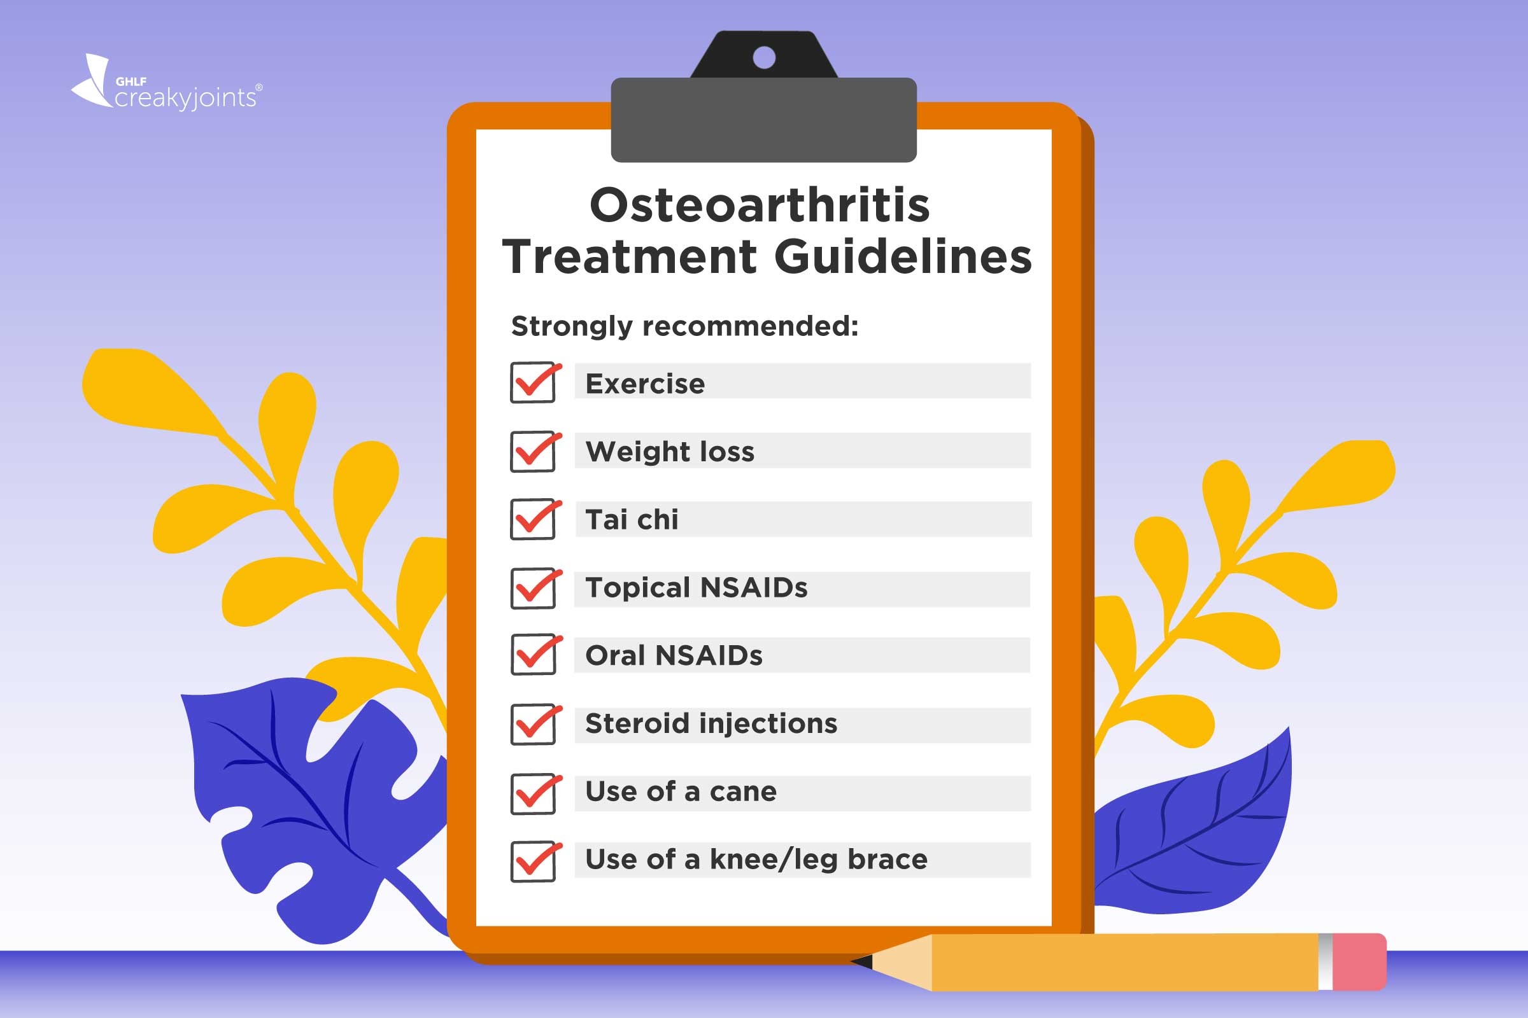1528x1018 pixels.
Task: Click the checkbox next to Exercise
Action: click(x=532, y=382)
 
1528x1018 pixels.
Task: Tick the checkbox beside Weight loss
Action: click(x=532, y=451)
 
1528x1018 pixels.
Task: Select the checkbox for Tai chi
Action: click(x=532, y=519)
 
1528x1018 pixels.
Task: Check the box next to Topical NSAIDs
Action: click(x=533, y=588)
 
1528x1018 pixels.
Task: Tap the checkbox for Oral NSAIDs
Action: click(x=533, y=655)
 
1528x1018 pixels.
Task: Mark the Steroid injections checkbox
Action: click(x=533, y=724)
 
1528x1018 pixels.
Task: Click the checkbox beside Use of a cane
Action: click(x=533, y=793)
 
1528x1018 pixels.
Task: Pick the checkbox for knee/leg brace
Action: click(x=533, y=861)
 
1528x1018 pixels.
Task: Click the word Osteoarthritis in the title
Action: click(x=760, y=205)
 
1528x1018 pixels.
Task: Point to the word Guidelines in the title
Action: click(x=903, y=256)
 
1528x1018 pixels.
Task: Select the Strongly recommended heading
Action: click(x=685, y=326)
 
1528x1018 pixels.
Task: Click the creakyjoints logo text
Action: click(x=186, y=97)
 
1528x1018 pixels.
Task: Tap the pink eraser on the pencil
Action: click(x=1360, y=961)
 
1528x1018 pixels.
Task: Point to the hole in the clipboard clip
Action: click(x=764, y=58)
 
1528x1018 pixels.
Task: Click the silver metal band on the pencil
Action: click(x=1326, y=961)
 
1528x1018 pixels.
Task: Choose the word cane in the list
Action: click(x=742, y=792)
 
